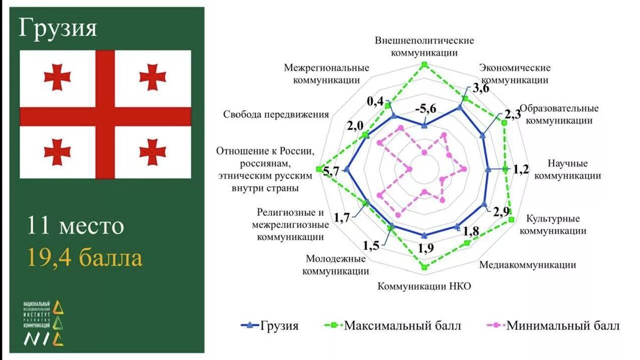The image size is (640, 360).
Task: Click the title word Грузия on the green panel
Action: tap(58, 28)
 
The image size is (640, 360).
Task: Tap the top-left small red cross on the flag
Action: tap(57, 77)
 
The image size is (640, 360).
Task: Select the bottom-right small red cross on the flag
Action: tap(153, 153)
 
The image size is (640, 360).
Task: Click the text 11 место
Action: tap(76, 226)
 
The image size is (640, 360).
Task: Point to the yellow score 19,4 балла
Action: tap(85, 258)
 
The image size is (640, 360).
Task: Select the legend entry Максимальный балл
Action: tap(391, 325)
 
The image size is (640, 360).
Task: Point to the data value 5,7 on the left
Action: tap(331, 171)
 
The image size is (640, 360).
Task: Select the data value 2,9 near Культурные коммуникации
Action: tap(501, 211)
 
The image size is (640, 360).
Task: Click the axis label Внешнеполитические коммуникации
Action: tap(425, 46)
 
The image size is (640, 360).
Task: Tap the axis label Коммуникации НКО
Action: tap(425, 286)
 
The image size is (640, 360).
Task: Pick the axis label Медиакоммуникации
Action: tap(527, 265)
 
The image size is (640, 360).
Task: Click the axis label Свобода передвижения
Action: tap(276, 115)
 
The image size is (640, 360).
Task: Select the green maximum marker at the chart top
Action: tap(425, 65)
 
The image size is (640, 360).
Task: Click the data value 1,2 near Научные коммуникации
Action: tap(522, 170)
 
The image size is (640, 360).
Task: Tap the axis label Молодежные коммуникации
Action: tap(335, 265)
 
